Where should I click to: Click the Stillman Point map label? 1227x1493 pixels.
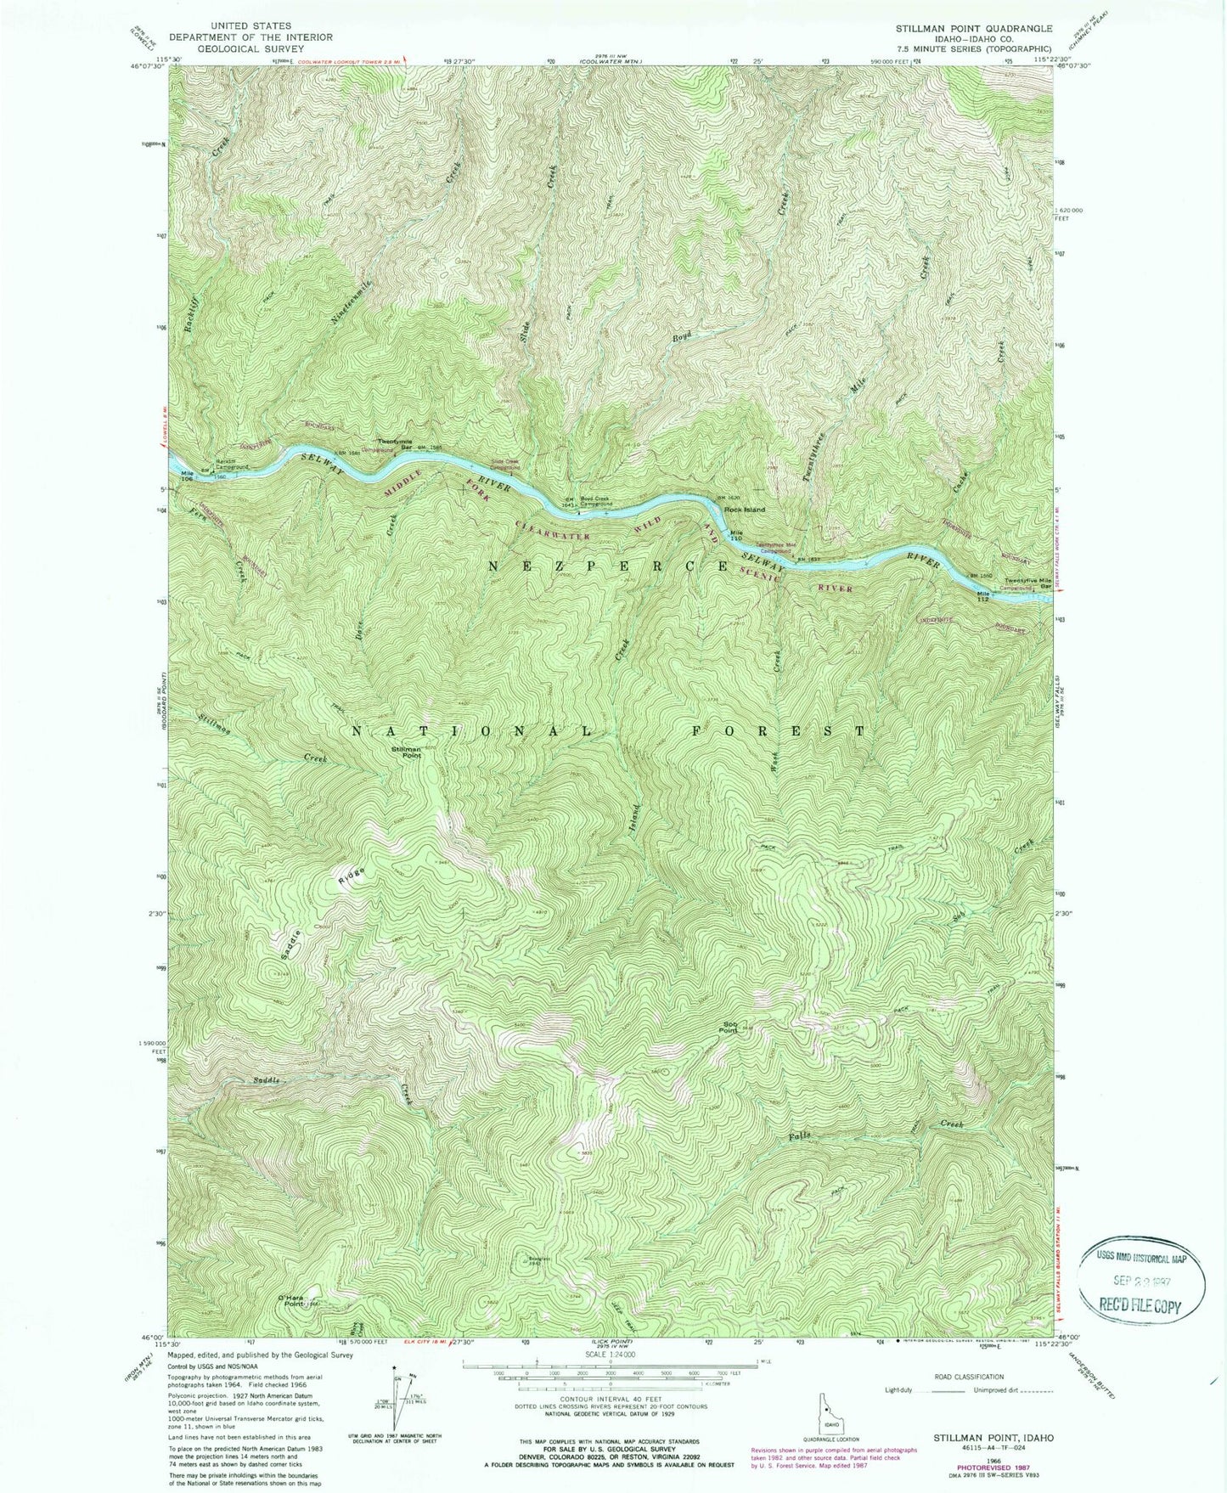pos(406,752)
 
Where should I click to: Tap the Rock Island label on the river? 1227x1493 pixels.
pos(744,510)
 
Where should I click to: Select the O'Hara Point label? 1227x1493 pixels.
pos(290,1299)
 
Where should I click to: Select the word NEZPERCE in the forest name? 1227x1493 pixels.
pos(607,565)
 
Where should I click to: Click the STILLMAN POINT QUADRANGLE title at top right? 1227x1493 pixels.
pos(974,28)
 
